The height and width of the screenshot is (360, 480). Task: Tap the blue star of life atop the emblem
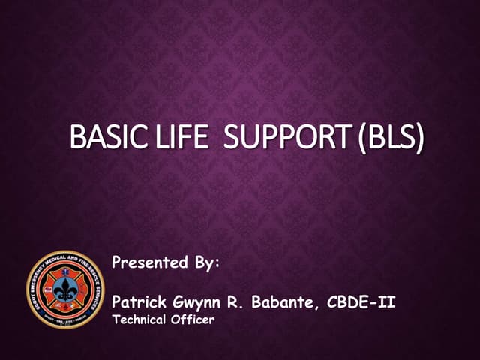65,272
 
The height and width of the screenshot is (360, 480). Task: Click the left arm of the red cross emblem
48,291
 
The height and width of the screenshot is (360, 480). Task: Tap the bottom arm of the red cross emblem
65,308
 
